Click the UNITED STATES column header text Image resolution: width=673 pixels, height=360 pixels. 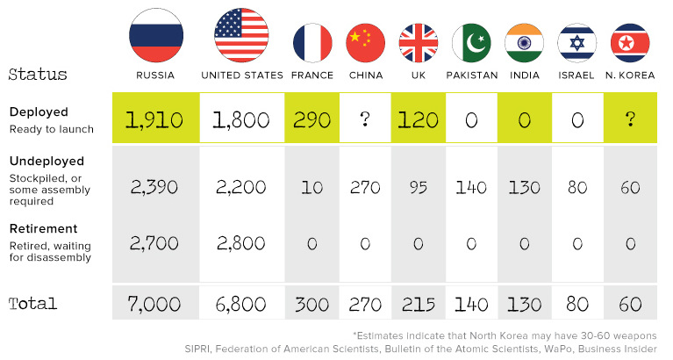click(x=242, y=76)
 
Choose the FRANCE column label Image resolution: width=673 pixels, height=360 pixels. click(x=312, y=76)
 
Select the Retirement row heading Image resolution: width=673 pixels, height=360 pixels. click(x=43, y=228)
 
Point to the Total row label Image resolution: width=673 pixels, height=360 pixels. click(x=33, y=304)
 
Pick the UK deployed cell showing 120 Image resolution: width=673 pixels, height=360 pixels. click(x=419, y=119)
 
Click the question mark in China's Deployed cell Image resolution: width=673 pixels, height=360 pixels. click(x=366, y=119)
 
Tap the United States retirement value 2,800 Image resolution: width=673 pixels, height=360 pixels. click(x=242, y=243)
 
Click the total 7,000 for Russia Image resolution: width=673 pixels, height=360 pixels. click(x=154, y=304)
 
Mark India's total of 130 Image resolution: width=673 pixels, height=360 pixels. click(x=525, y=304)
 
